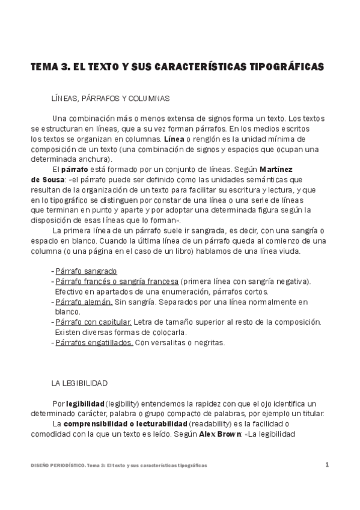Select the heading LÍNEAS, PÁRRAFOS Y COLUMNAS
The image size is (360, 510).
click(x=111, y=97)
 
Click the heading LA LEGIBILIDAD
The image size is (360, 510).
click(x=79, y=382)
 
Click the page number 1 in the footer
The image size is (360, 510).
click(x=327, y=464)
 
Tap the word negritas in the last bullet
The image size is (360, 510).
click(x=208, y=343)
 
